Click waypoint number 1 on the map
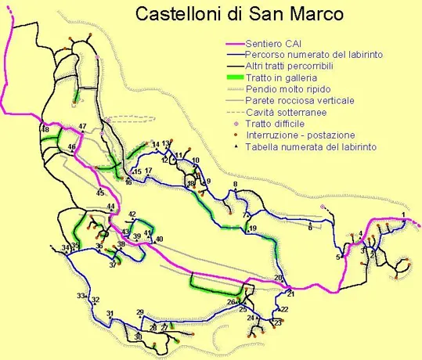point(403,214)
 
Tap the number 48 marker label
point(45,129)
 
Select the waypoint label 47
point(82,127)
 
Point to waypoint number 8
point(234,185)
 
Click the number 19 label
point(253,229)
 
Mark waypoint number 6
point(310,228)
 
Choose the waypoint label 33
point(81,296)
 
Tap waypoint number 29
point(140,312)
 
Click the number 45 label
point(99,193)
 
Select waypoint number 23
point(277,322)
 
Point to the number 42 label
point(132,214)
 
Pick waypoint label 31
point(110,314)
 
